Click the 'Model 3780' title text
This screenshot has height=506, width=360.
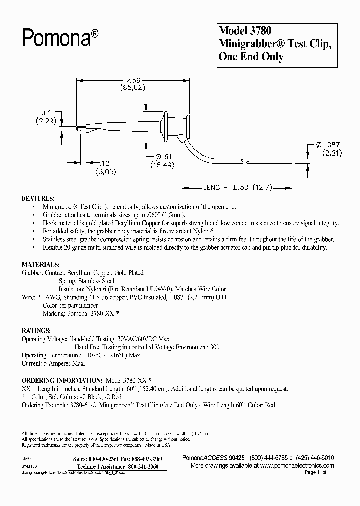[245, 31]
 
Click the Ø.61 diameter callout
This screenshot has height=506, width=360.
[162, 159]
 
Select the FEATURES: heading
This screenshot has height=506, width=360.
[38, 198]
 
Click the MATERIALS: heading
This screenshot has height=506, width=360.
[41, 264]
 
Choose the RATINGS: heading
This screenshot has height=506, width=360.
[36, 331]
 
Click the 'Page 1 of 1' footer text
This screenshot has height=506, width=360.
[318, 472]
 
